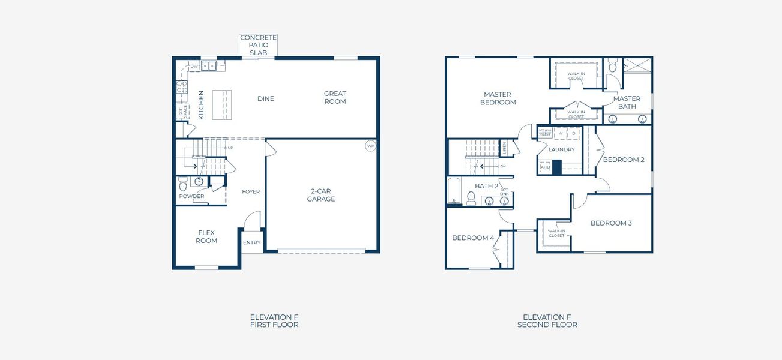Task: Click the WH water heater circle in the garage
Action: click(x=370, y=145)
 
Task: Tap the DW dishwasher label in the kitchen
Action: click(x=194, y=67)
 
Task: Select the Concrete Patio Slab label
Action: click(x=258, y=45)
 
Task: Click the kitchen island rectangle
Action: click(x=221, y=104)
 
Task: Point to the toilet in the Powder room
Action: click(x=184, y=184)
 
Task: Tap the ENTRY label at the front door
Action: click(x=252, y=242)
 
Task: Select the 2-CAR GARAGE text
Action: click(x=321, y=195)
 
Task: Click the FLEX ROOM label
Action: click(x=206, y=236)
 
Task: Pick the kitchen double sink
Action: click(x=209, y=66)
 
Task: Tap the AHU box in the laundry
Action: click(x=545, y=167)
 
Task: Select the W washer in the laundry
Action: click(x=561, y=133)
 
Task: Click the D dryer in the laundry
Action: click(x=573, y=133)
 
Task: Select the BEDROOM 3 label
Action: click(x=611, y=223)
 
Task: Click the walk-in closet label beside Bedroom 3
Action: click(x=556, y=233)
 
